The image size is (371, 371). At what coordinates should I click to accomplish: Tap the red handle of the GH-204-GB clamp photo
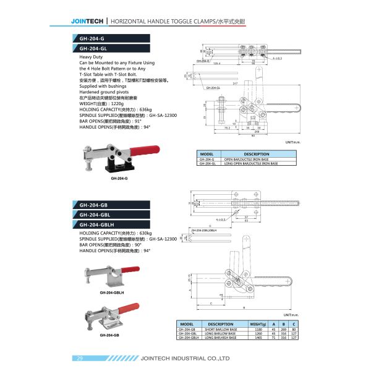pyautogui.click(x=129, y=307)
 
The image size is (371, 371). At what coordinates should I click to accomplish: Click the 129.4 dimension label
pyautogui.click(x=217, y=62)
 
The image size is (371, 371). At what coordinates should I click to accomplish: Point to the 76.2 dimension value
pyautogui.click(x=227, y=128)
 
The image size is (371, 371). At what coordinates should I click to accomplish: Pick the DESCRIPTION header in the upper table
pyautogui.click(x=257, y=154)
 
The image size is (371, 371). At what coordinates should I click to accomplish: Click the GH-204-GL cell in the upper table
pyautogui.click(x=207, y=163)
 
